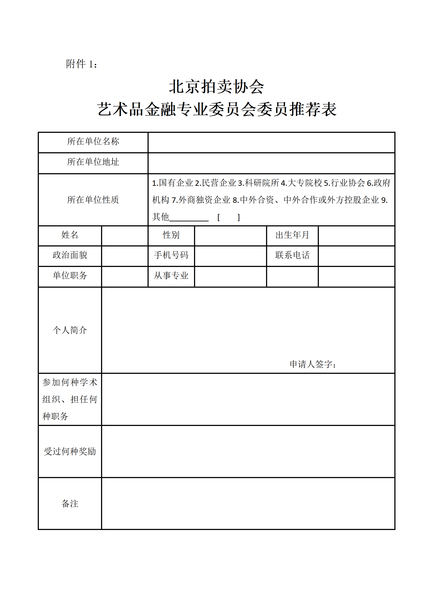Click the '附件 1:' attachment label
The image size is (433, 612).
82,64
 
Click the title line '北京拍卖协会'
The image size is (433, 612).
216,87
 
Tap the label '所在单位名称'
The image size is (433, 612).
93,142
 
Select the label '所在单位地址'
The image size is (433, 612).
93,162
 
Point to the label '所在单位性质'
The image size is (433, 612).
93,200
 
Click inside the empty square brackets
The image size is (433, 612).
228,217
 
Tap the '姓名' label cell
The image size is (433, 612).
70,235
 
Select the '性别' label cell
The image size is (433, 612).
171,235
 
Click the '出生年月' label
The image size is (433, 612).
292,235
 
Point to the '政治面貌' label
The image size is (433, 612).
70,255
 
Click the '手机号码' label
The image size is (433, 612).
171,255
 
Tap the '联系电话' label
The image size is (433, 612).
292,255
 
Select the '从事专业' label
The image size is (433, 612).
171,276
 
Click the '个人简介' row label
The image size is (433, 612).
70,330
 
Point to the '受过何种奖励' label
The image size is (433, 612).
70,451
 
